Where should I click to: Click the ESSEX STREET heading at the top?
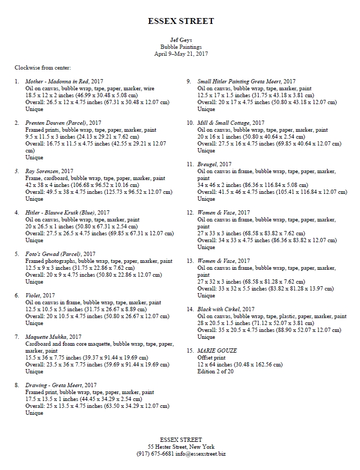coord(181,21)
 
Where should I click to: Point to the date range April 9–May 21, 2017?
coord(181,54)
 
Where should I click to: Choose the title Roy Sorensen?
coord(42,172)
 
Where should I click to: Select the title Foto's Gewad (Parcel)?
coord(53,254)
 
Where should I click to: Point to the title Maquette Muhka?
coord(46,337)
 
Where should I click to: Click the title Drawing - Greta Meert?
coord(54,385)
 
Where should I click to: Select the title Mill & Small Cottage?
coord(224,123)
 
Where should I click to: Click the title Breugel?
coord(207,165)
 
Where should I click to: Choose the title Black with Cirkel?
coord(218,309)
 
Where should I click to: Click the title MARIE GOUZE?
coord(217,351)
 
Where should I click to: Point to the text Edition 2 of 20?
coord(216,371)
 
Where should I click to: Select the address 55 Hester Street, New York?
coord(181,447)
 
